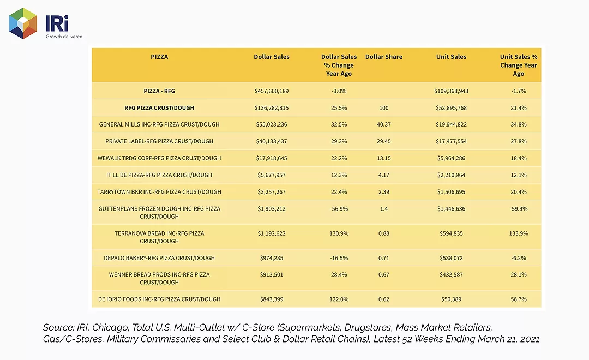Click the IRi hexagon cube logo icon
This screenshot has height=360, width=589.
pos(23,23)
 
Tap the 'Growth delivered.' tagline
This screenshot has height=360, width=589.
pos(64,37)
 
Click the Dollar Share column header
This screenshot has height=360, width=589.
pos(384,57)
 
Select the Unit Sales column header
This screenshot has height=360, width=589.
pos(451,57)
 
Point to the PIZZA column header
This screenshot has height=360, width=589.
pos(159,57)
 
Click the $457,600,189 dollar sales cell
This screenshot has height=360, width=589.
pos(272,91)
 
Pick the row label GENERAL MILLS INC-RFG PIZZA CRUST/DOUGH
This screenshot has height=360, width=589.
pos(159,124)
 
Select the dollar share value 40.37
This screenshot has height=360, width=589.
pos(384,124)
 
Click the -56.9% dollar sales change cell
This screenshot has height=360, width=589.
pos(339,208)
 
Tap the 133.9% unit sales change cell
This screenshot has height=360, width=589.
pos(519,233)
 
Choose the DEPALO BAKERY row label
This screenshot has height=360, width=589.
pos(159,258)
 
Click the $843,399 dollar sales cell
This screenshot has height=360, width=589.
pos(272,299)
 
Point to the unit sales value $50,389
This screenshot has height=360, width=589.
pos(451,299)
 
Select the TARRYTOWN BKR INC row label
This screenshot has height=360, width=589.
pos(159,192)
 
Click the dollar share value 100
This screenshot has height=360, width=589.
pos(384,108)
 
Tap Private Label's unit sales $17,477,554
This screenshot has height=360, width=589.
pos(451,141)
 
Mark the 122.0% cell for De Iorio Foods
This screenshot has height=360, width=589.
pos(339,299)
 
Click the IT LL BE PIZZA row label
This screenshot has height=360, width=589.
pos(159,175)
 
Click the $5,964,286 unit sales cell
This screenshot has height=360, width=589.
pos(451,158)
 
